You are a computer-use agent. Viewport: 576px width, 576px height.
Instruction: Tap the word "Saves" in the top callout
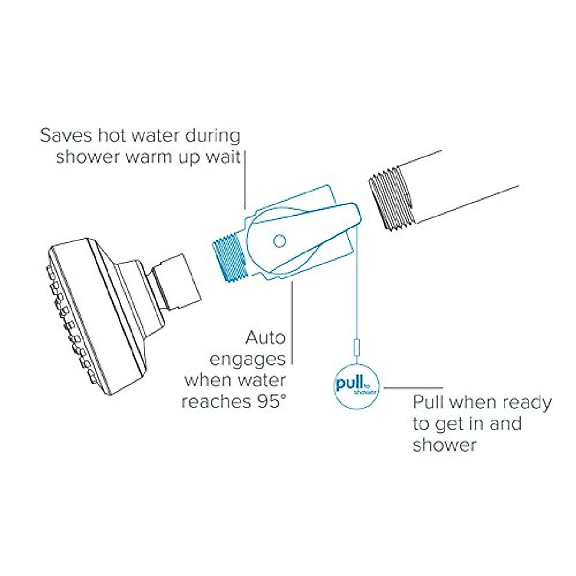click(x=62, y=135)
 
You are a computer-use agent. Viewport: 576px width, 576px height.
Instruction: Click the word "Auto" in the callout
click(x=265, y=337)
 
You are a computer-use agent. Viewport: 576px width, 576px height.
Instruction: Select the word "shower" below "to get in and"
click(x=444, y=444)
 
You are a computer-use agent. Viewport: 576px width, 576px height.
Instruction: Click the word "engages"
click(x=248, y=359)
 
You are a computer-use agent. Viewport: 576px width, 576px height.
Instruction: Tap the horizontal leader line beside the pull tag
click(x=413, y=387)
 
